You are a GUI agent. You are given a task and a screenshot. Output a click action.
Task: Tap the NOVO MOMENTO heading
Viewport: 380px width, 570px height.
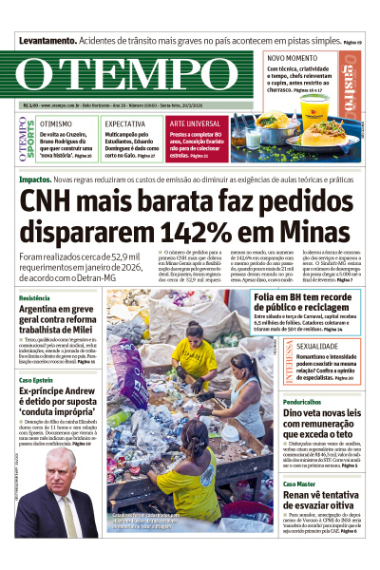pyautogui.click(x=292, y=58)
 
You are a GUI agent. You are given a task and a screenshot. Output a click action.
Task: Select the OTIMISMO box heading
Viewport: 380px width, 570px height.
pyautogui.click(x=56, y=124)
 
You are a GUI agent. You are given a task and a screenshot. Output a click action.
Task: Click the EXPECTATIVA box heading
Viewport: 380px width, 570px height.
pyautogui.click(x=125, y=124)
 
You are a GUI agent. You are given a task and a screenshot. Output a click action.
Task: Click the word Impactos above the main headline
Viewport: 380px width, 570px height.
pyautogui.click(x=35, y=179)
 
